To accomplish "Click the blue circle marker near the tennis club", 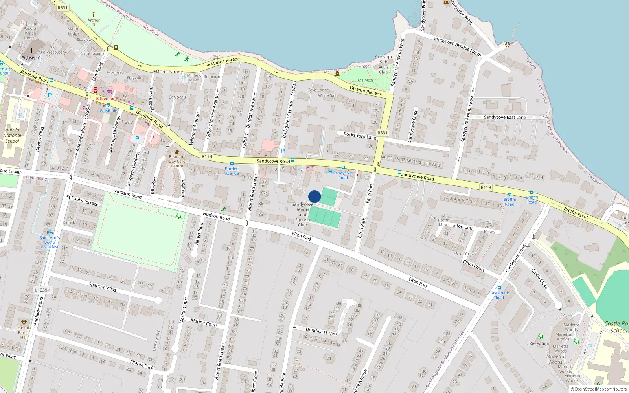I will click(x=314, y=196).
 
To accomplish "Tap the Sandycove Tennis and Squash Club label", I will click(x=302, y=215).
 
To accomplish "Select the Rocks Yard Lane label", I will click(x=360, y=136).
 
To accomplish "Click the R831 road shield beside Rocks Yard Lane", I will click(x=382, y=133).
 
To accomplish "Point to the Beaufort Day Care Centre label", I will click(x=177, y=161).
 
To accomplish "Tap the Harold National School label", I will click(x=12, y=135).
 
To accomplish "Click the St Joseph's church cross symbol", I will click(x=32, y=51).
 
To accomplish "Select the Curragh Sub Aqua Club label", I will click(x=383, y=64).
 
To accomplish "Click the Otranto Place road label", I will click(x=363, y=90).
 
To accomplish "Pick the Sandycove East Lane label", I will click(x=505, y=117).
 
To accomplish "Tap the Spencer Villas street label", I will click(x=102, y=286).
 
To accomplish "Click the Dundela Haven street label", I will click(x=321, y=331).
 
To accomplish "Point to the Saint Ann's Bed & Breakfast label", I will click(x=50, y=242).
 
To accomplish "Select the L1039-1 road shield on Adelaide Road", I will click(x=43, y=290).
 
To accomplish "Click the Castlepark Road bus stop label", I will click(x=499, y=295).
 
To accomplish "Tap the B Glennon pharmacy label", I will click(x=106, y=99).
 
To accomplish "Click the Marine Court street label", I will click(x=204, y=323).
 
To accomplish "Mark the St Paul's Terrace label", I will click(x=83, y=200).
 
